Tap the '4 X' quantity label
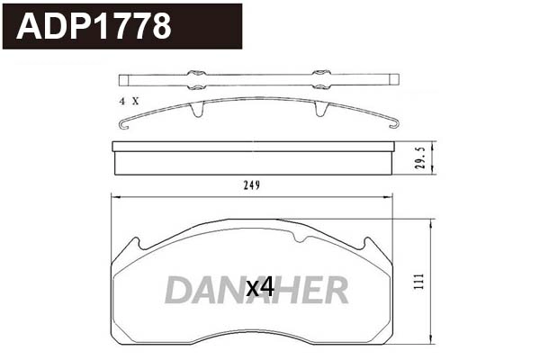(128, 101)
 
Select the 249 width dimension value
(251, 186)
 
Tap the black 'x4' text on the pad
(259, 287)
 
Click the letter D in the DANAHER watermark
(178, 290)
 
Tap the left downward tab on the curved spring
(196, 111)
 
